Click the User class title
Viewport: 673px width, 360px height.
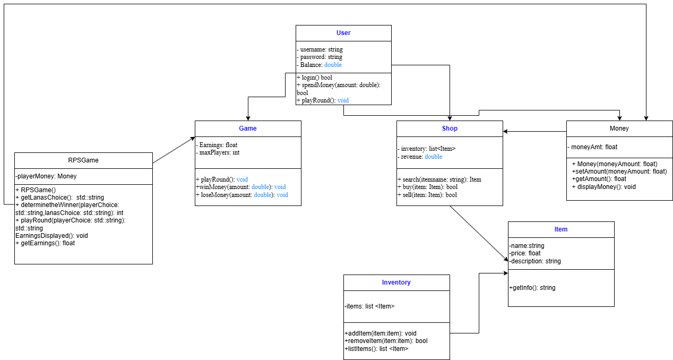click(343, 33)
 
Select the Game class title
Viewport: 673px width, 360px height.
click(248, 128)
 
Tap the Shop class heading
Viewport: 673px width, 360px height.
click(450, 128)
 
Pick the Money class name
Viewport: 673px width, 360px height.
click(619, 128)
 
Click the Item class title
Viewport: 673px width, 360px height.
click(561, 229)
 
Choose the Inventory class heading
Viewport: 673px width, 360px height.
click(396, 282)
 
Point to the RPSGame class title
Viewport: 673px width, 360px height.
click(83, 160)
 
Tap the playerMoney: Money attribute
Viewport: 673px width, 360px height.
click(46, 176)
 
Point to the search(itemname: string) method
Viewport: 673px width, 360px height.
click(439, 179)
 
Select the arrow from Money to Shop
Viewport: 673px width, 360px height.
click(534, 131)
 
